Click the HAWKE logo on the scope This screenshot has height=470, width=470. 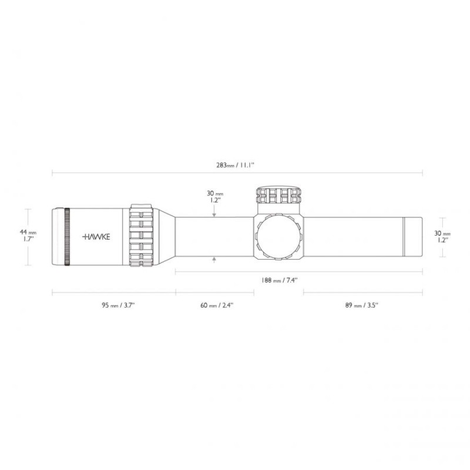(96, 237)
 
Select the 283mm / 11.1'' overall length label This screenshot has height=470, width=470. (236, 165)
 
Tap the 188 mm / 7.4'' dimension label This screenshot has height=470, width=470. (278, 280)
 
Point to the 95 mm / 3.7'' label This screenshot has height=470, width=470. (118, 305)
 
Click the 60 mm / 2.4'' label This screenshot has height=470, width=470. (217, 305)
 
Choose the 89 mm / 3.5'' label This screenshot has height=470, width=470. (362, 305)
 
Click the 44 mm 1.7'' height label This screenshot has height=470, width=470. (28, 236)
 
